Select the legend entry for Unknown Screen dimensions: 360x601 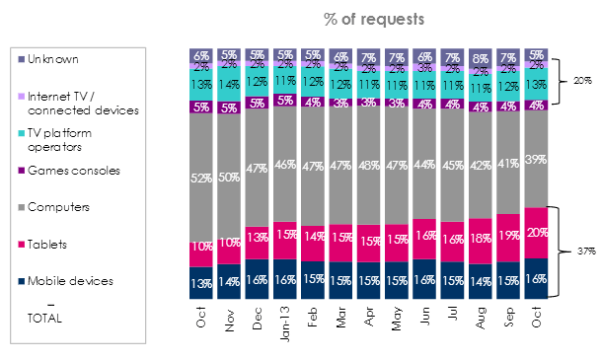click(54, 58)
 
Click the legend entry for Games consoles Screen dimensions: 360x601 click(70, 170)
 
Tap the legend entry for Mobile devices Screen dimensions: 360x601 click(70, 280)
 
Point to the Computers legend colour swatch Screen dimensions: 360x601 click(22, 207)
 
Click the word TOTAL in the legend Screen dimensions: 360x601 click(45, 318)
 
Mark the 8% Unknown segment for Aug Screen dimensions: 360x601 click(482, 58)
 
